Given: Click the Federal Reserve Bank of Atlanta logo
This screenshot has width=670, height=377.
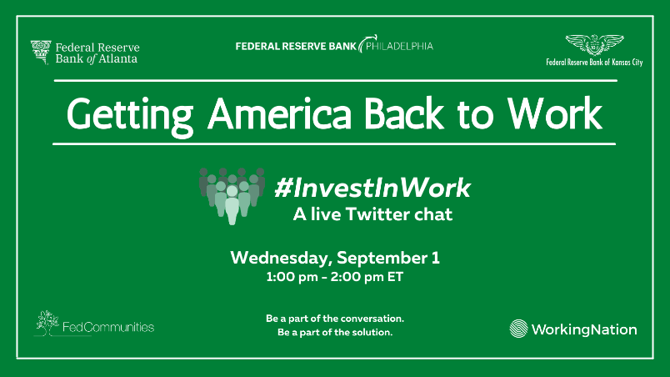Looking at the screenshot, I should [x=85, y=52].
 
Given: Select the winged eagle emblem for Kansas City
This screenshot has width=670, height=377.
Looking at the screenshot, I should [x=593, y=43].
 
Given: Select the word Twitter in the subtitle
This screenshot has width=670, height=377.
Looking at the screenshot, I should [x=374, y=214].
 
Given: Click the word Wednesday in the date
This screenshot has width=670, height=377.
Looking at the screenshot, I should [x=279, y=257].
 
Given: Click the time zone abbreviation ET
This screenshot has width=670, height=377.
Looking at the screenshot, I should [x=394, y=277].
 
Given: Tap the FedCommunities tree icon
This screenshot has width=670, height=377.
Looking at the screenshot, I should [x=46, y=322].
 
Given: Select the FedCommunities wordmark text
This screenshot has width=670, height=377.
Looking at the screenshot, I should [x=108, y=327].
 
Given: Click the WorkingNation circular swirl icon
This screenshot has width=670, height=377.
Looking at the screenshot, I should [x=518, y=329].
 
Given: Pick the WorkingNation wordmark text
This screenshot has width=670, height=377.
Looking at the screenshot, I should [x=585, y=329].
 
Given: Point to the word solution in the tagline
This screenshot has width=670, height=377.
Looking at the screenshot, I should [x=372, y=333].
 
